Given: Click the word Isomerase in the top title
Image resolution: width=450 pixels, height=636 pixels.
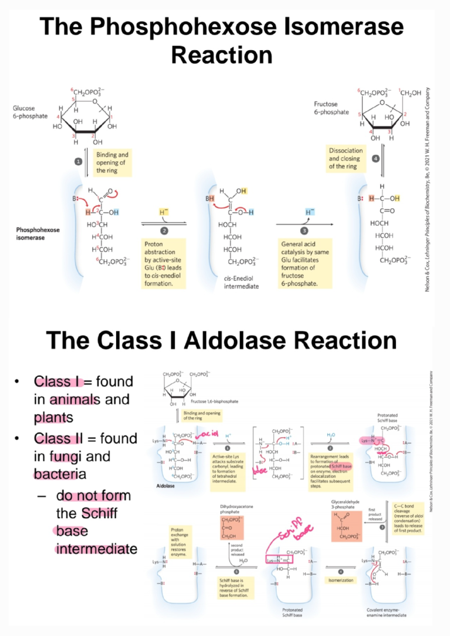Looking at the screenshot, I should click(x=344, y=27).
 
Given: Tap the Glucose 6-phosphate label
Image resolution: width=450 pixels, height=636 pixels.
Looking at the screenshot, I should click(x=30, y=112).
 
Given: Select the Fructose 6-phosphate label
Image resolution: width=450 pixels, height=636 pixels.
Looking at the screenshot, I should click(x=331, y=108).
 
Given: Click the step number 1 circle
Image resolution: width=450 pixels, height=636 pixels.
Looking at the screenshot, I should click(x=78, y=162).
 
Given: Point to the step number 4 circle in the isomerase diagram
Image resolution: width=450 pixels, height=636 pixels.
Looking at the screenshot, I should click(x=375, y=159).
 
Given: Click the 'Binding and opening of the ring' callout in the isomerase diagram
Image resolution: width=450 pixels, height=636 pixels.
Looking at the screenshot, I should click(x=112, y=162).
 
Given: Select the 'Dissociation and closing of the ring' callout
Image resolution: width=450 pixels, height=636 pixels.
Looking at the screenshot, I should click(x=345, y=159).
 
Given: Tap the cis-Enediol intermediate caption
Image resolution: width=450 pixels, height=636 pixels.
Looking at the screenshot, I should click(x=241, y=282).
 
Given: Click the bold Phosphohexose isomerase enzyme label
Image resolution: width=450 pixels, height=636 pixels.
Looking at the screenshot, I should click(x=37, y=233).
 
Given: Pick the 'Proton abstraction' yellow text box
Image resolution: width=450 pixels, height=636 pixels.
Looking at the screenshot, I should click(x=163, y=263).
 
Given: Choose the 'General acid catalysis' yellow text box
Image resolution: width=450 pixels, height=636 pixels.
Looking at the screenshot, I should click(x=304, y=263).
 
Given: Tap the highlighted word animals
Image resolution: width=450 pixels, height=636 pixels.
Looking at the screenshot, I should click(x=75, y=400).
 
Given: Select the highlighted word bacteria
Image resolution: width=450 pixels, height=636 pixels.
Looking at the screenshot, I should click(x=60, y=474).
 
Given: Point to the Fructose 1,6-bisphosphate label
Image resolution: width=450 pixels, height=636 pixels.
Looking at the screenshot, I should click(x=214, y=401).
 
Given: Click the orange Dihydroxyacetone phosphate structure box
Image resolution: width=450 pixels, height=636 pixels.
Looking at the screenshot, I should click(x=231, y=528).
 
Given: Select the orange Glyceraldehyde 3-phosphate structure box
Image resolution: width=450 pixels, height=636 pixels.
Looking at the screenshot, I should click(x=346, y=527).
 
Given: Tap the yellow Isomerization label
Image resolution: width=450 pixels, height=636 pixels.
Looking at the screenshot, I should click(x=340, y=580).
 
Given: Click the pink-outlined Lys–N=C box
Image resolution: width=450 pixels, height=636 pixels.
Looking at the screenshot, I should click(x=279, y=560).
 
